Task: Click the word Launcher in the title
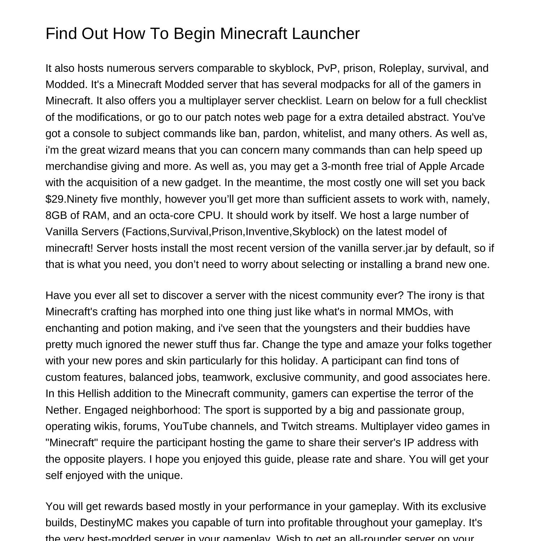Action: (x=326, y=34)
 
